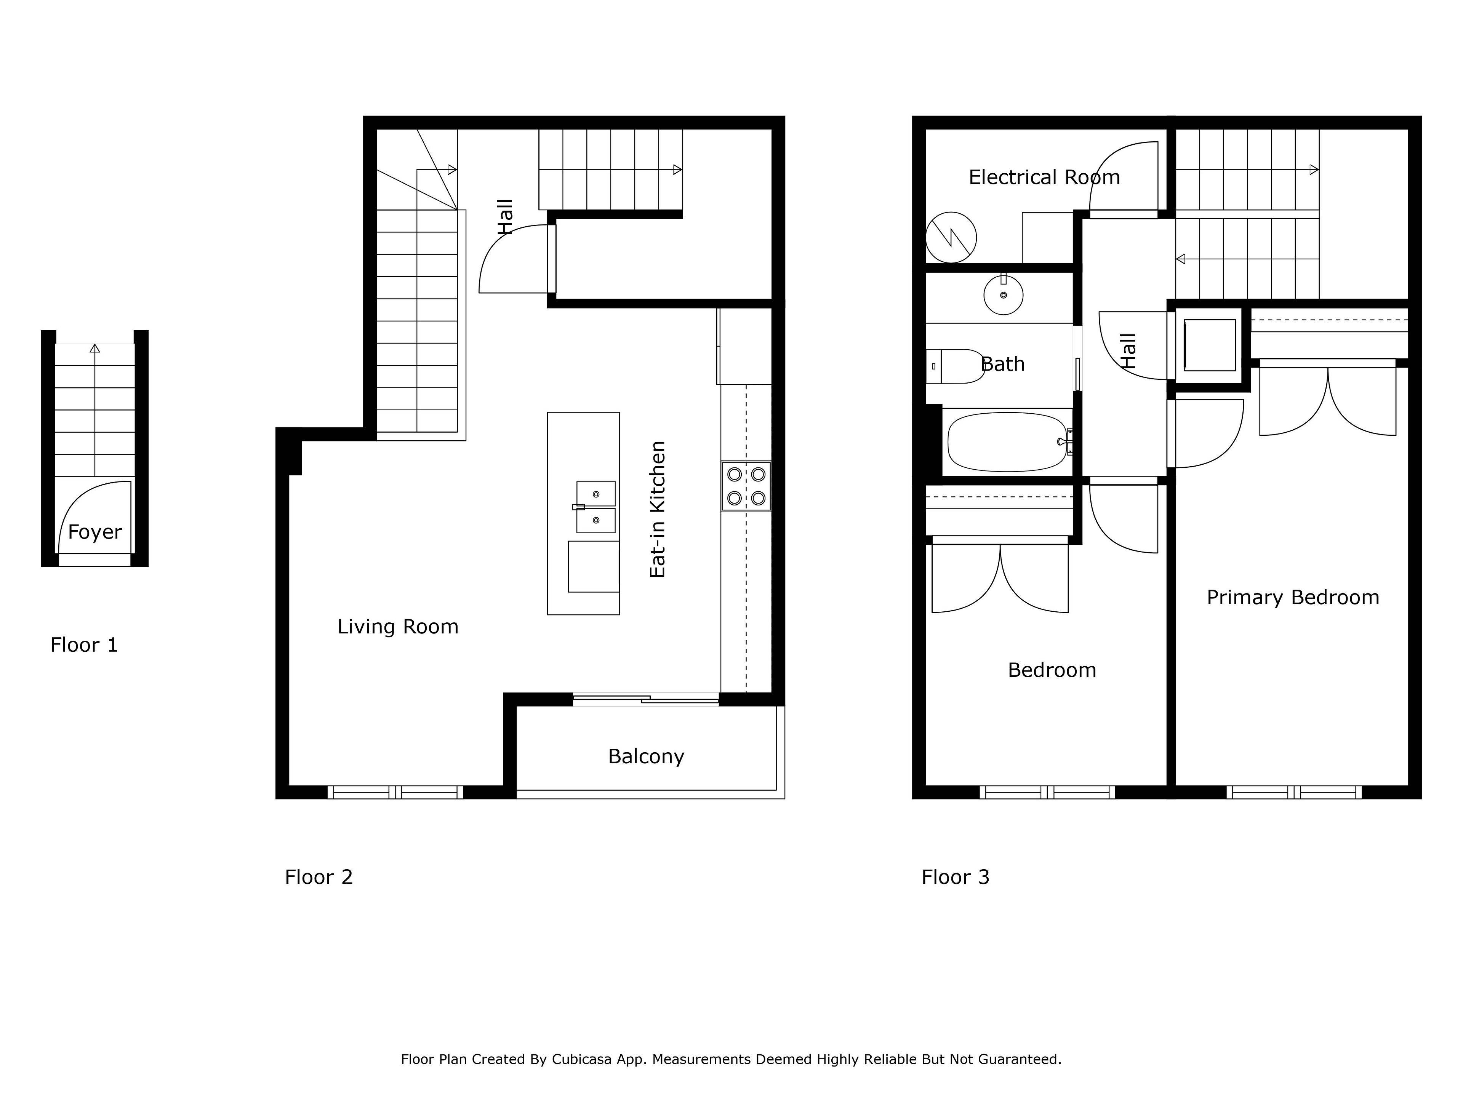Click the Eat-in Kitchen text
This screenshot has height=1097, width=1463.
point(658,509)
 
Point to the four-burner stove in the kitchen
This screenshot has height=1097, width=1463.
point(746,485)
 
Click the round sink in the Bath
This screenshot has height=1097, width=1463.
point(1003,295)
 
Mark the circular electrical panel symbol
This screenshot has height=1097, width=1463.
point(951,237)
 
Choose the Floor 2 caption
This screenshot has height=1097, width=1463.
point(319,877)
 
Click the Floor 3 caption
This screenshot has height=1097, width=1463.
point(955,877)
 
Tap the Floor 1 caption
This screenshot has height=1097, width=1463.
point(84,645)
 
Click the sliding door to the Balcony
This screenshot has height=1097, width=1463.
point(645,699)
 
